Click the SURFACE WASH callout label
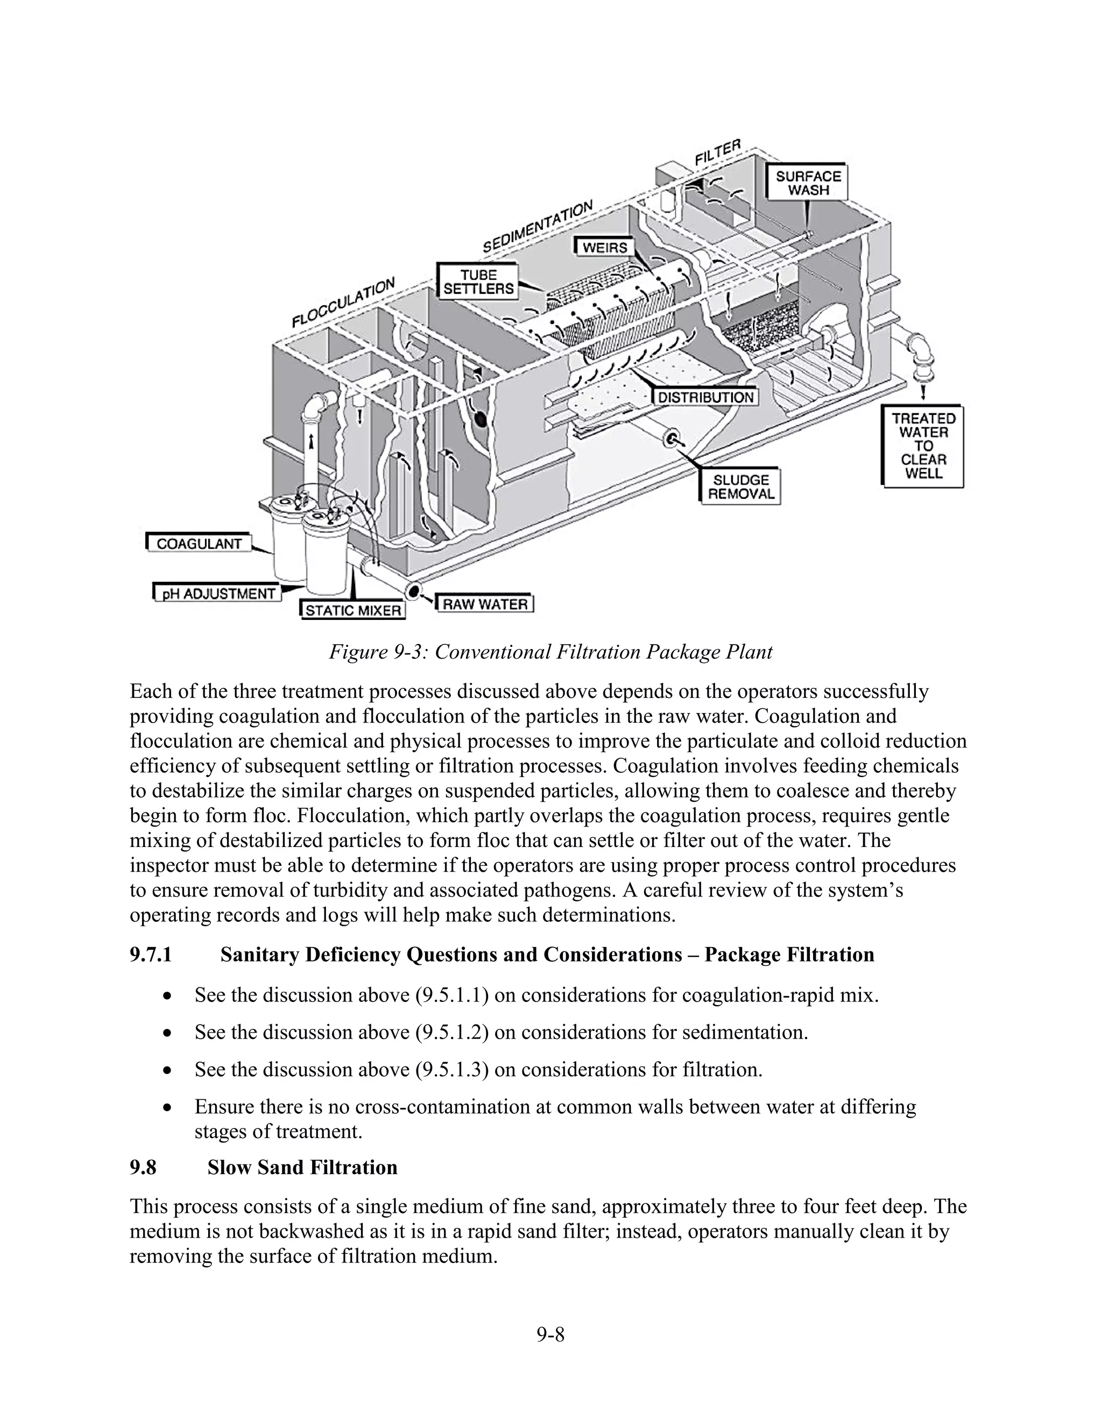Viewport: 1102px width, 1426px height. click(808, 183)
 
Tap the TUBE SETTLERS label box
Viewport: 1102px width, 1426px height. click(478, 282)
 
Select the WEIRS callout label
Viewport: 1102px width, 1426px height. click(604, 248)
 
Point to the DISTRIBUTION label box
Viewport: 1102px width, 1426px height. click(705, 397)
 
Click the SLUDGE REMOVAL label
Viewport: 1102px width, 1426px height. click(741, 487)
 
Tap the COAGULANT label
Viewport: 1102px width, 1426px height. click(199, 543)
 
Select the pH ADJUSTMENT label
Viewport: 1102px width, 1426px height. click(218, 594)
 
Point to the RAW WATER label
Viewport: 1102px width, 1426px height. click(485, 604)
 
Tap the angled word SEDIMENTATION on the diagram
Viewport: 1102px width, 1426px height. click(538, 227)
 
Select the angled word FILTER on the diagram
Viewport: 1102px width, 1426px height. click(718, 152)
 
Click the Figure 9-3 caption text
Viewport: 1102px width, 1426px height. click(550, 652)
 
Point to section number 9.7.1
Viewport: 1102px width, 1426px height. click(151, 955)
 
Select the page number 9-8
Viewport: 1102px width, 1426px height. click(550, 1335)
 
